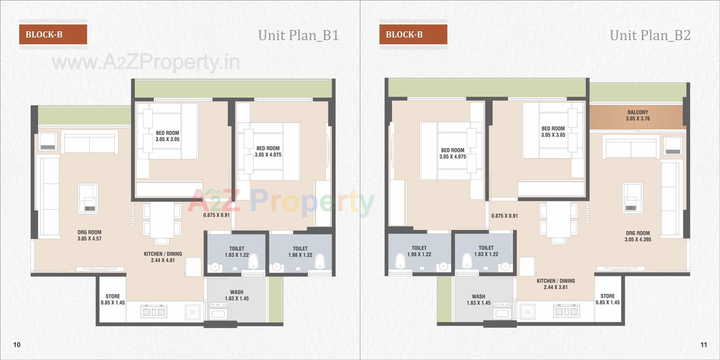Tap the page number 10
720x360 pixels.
tap(17, 345)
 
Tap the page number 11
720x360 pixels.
tap(703, 345)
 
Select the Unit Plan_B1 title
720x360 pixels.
tap(298, 35)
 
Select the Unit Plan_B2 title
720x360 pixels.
tap(650, 35)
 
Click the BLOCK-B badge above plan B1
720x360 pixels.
tap(53, 34)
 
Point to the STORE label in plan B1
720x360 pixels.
tap(112, 299)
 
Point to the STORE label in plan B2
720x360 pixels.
tap(607, 299)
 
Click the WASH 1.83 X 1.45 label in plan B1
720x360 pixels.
tap(237, 295)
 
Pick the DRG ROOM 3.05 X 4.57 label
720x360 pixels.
tap(89, 235)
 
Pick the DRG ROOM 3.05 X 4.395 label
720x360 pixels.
tap(637, 236)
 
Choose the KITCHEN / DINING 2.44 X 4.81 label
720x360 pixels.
tap(163, 257)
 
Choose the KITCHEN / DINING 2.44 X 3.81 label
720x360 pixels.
tap(555, 284)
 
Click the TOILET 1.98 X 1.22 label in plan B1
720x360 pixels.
tap(300, 252)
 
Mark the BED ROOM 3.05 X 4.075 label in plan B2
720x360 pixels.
tap(453, 153)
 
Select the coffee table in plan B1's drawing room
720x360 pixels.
tap(88, 198)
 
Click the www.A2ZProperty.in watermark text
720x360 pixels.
tap(145, 62)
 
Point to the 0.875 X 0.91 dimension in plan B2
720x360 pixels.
tap(504, 216)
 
